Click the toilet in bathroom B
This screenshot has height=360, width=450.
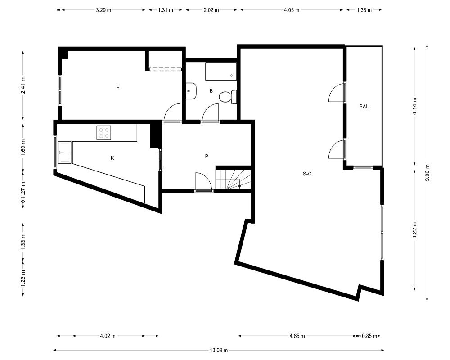[x=228, y=97]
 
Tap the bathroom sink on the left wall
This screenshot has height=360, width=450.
[x=190, y=91]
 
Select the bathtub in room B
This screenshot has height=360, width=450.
[x=220, y=72]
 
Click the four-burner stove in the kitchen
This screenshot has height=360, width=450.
[x=103, y=133]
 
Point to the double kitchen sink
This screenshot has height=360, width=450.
[x=64, y=153]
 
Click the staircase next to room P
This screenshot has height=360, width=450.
[x=233, y=180]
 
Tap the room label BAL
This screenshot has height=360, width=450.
[x=364, y=107]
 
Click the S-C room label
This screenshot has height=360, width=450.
[x=307, y=174]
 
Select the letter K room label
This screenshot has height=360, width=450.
[x=112, y=158]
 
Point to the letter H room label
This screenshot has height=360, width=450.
[x=117, y=88]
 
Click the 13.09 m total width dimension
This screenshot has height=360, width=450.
[x=219, y=350]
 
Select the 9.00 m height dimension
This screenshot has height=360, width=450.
[x=427, y=173]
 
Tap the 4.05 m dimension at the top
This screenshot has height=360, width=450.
[x=292, y=10]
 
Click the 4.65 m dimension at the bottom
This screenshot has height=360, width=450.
[x=297, y=336]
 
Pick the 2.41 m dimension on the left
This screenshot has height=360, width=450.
[x=23, y=85]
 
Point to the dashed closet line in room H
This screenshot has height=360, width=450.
[x=166, y=69]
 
